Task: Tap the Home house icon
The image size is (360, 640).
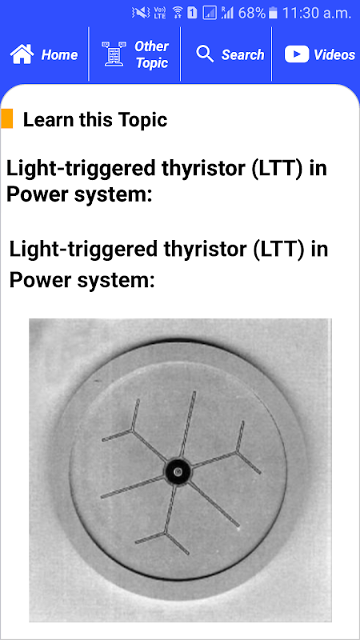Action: click(x=22, y=54)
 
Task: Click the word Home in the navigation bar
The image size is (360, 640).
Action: click(x=59, y=54)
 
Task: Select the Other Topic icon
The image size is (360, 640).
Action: click(x=114, y=54)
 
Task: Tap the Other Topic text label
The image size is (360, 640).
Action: click(x=151, y=54)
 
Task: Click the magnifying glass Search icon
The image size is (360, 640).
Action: click(x=205, y=54)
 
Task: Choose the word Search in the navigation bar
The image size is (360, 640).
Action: click(x=242, y=54)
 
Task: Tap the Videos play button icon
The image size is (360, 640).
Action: click(x=297, y=54)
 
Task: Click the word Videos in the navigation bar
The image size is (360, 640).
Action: click(x=334, y=54)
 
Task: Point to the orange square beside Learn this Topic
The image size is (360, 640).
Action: click(x=7, y=118)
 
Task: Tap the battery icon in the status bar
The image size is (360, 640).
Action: click(x=273, y=14)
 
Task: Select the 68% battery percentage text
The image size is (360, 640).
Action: click(x=252, y=14)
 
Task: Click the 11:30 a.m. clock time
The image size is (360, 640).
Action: click(x=316, y=14)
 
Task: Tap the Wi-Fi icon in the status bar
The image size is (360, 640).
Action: click(x=178, y=13)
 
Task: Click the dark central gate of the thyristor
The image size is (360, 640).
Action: click(x=178, y=472)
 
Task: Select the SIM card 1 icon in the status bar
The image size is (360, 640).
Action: click(x=192, y=14)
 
